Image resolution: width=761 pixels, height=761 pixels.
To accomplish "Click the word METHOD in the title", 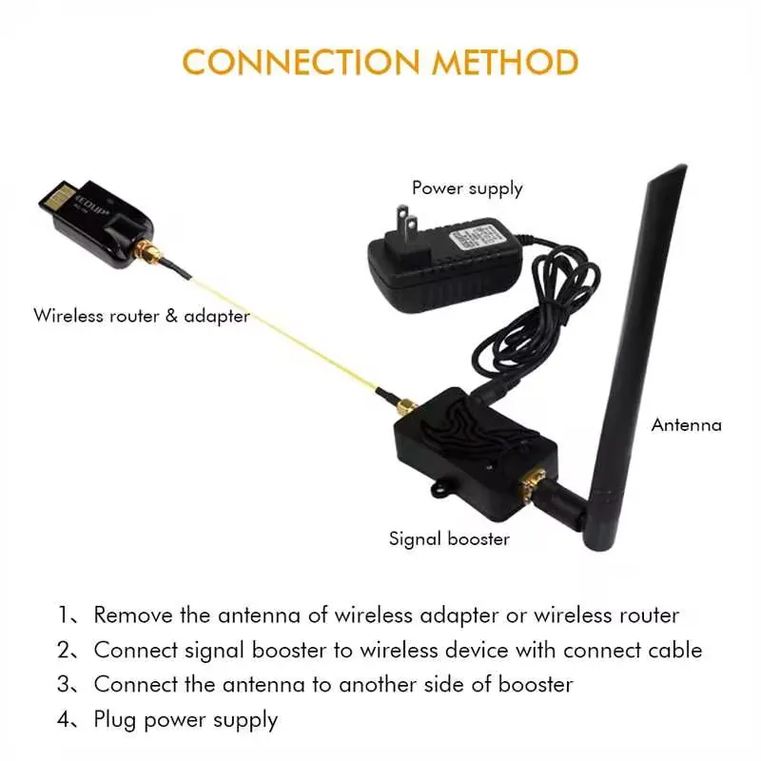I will click(x=505, y=62).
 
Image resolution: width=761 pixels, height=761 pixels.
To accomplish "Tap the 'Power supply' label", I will click(x=467, y=188).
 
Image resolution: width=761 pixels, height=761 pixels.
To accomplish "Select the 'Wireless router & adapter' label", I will click(x=142, y=315).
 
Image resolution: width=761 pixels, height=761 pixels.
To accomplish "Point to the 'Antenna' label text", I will click(x=686, y=425).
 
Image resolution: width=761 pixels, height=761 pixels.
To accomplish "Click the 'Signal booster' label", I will click(x=449, y=539).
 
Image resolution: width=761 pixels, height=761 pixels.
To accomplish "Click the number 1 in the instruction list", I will click(x=64, y=616).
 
